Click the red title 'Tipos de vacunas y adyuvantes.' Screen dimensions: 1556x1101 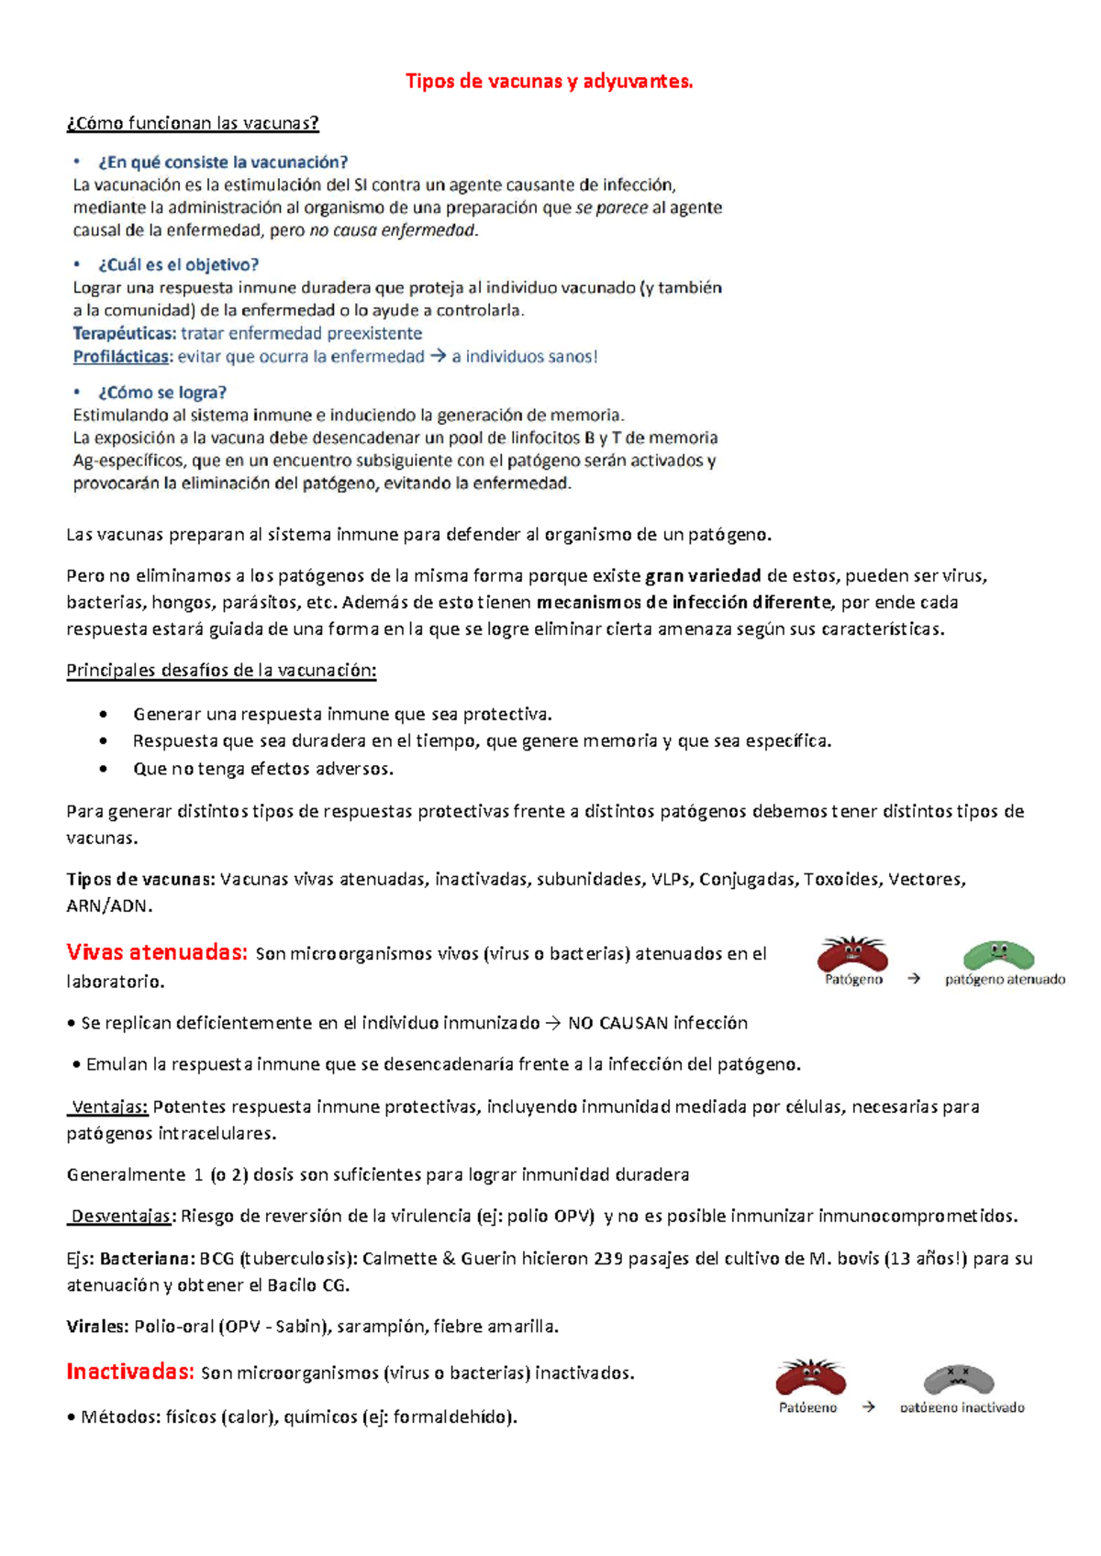click(x=550, y=82)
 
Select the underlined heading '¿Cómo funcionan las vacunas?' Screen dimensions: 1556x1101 click(x=193, y=123)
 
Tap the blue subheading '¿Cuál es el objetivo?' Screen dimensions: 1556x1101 click(x=178, y=265)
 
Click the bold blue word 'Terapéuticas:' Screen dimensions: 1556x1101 click(x=125, y=334)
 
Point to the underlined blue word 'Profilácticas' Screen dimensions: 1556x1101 click(x=121, y=357)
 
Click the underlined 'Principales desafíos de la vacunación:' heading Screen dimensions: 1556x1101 click(x=221, y=671)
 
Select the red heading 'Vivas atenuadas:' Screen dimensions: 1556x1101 click(x=157, y=952)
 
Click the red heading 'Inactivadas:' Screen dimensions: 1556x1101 click(x=130, y=1372)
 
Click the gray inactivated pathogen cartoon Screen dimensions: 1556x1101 click(x=959, y=1378)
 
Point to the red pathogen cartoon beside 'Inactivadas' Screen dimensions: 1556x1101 click(x=810, y=1378)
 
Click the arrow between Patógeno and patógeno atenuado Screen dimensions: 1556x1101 click(x=914, y=979)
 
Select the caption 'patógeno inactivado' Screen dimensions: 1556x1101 click(x=962, y=1407)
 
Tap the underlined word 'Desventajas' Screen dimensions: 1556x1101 click(x=121, y=1217)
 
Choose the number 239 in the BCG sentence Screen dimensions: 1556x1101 click(x=608, y=1259)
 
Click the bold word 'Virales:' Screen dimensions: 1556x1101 click(x=97, y=1327)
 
